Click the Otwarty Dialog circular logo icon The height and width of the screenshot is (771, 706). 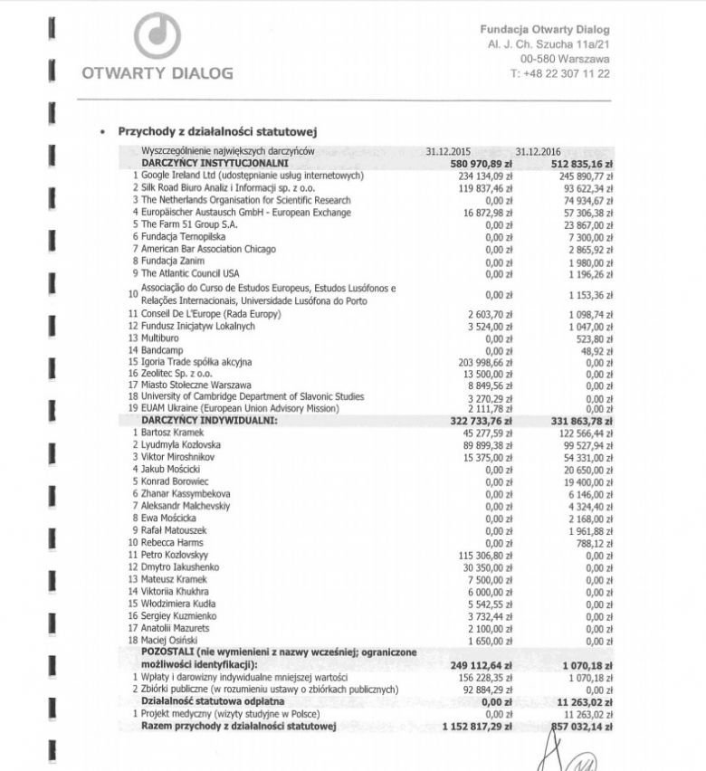point(156,35)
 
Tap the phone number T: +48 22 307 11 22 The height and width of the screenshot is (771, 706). point(559,73)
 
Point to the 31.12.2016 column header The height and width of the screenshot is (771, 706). point(540,152)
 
